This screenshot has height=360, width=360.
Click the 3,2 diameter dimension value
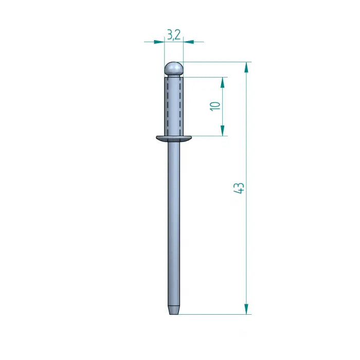tap(174, 35)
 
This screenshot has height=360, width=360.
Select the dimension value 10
tap(215, 106)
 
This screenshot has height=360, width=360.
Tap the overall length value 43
tap(239, 188)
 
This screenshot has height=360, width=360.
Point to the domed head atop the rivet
tap(174, 68)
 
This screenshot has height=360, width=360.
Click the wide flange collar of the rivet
tap(174, 138)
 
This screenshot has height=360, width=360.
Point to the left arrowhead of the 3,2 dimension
tap(159, 42)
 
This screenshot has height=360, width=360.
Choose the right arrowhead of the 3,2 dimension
tap(188, 42)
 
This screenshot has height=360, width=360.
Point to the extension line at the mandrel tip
tap(216, 314)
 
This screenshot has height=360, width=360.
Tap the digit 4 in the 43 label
tap(239, 191)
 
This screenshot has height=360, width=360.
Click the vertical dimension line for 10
tap(223, 118)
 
